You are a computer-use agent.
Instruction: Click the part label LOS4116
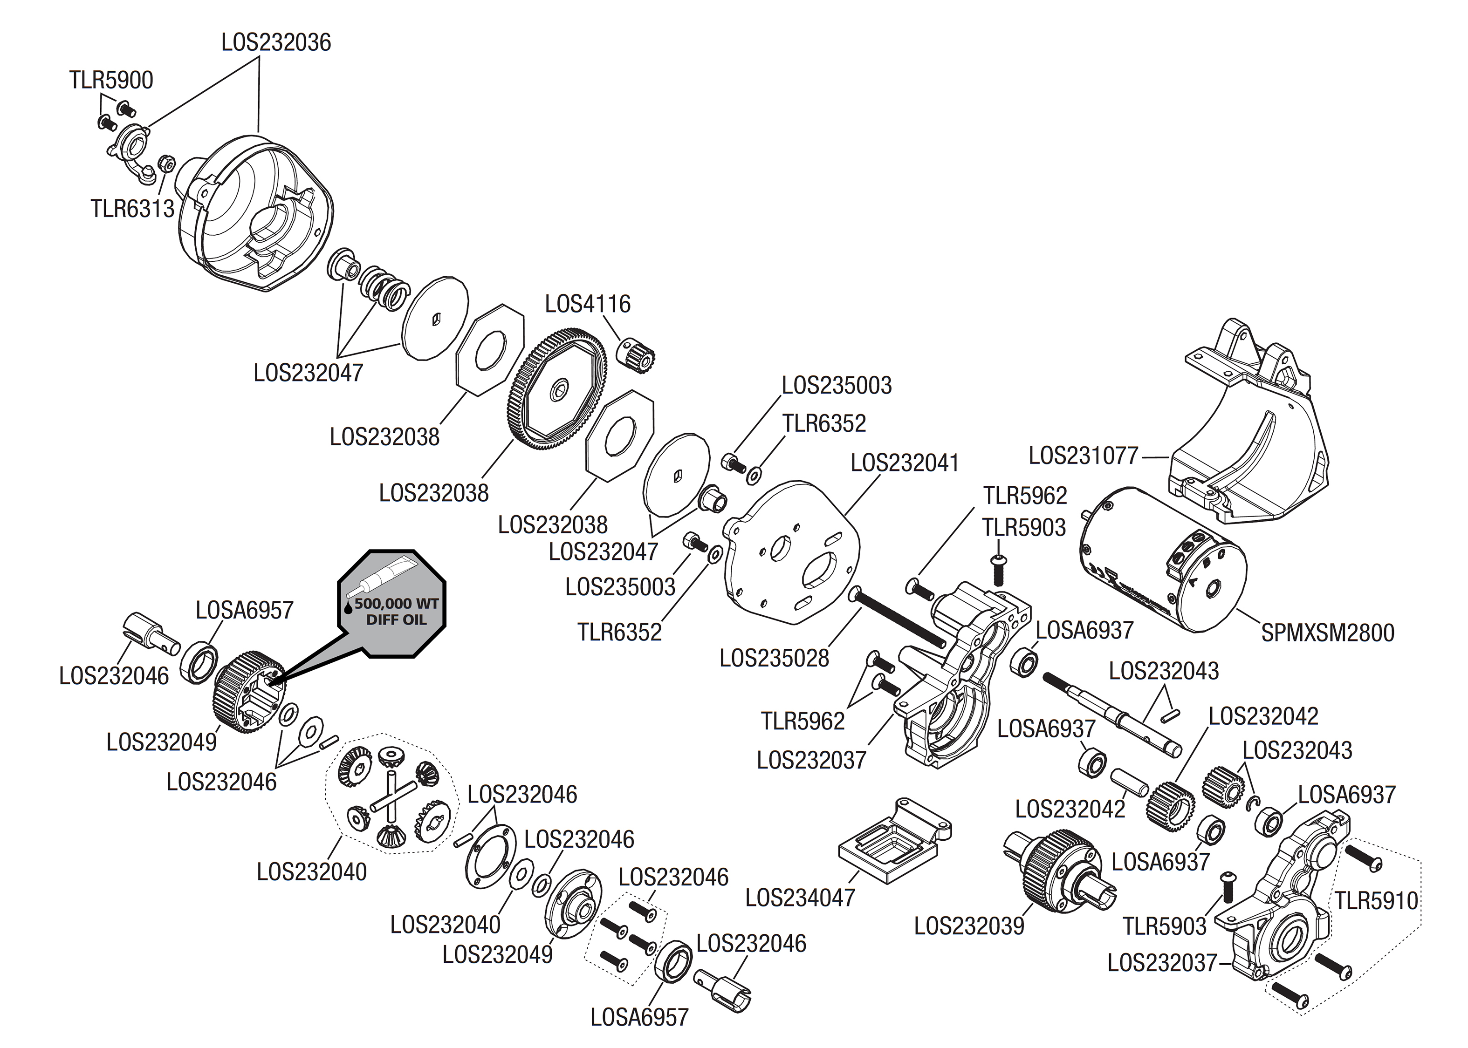(588, 304)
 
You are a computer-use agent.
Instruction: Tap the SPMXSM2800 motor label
(1327, 633)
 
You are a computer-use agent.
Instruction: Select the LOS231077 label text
(1083, 456)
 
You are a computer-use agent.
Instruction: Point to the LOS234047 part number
(800, 898)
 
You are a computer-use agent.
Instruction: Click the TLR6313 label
(132, 209)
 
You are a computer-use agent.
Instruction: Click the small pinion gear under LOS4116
(637, 354)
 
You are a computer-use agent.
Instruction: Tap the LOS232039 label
(969, 926)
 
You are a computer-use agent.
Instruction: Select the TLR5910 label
(1376, 900)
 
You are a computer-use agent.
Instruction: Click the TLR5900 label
(111, 81)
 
